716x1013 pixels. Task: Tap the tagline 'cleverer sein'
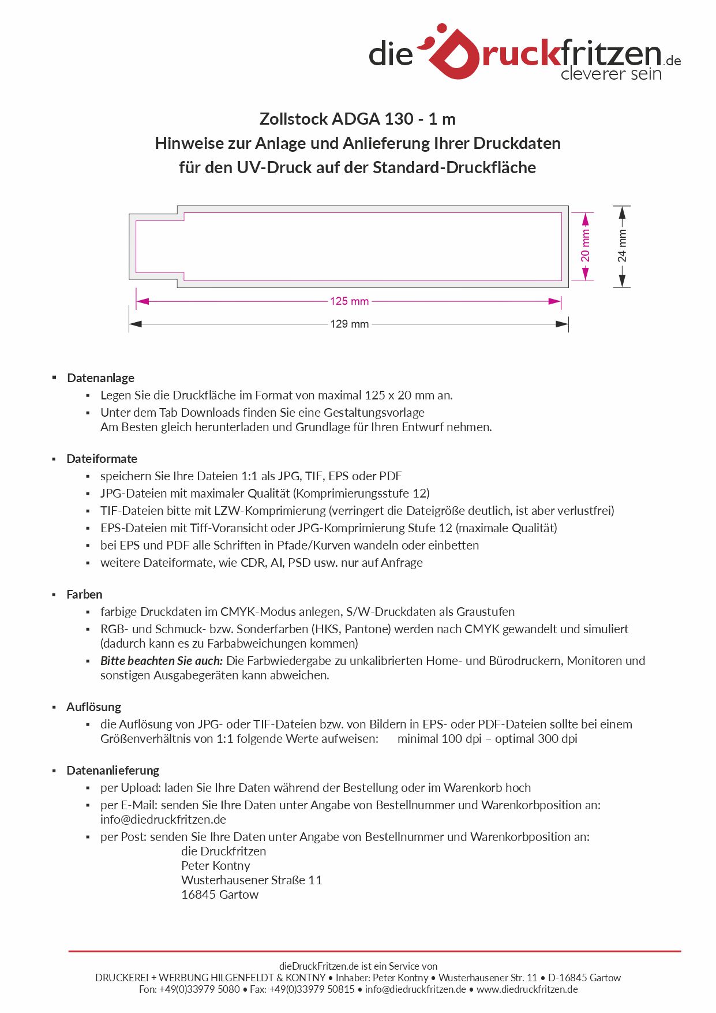[x=610, y=74]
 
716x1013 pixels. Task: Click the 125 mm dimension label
[x=349, y=301]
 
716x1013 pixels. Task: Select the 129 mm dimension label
[x=349, y=324]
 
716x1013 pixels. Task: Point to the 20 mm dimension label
[x=586, y=246]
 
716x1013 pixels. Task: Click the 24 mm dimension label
[x=622, y=246]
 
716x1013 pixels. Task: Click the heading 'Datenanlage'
[x=100, y=378]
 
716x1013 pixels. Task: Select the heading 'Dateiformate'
[x=102, y=459]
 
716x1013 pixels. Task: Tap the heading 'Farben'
[x=84, y=595]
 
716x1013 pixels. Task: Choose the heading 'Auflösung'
[x=93, y=707]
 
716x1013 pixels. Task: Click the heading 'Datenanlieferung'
[x=113, y=771]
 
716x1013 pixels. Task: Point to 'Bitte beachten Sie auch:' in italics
[x=161, y=661]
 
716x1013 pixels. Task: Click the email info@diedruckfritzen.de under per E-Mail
[x=163, y=820]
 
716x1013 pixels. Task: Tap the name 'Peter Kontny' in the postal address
[x=215, y=866]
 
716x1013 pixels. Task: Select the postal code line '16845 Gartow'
[x=219, y=895]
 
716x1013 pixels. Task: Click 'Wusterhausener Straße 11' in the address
[x=251, y=880]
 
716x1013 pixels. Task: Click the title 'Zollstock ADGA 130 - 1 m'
[x=357, y=119]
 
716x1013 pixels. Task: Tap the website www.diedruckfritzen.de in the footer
[x=527, y=989]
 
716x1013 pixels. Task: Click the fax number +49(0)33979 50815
[x=312, y=989]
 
